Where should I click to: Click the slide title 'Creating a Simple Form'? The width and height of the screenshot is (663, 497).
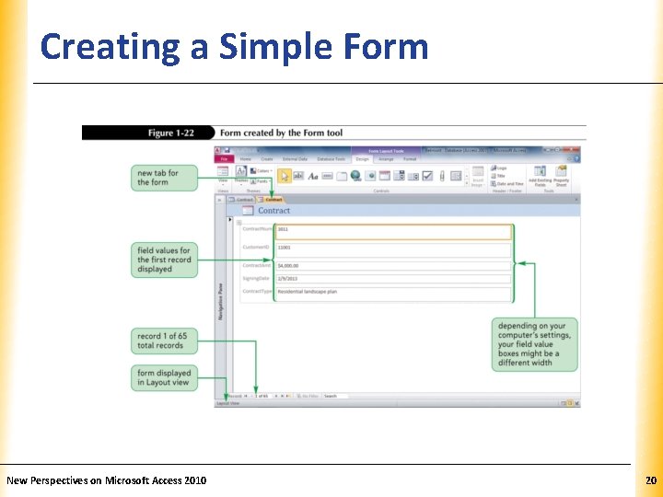point(234,46)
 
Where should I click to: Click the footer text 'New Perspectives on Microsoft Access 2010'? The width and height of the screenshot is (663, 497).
point(107,480)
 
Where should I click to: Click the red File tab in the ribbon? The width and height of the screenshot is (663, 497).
point(223,159)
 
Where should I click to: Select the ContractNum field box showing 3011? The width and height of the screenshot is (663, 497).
point(393,231)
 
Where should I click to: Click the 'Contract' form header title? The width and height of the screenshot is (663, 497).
point(273,211)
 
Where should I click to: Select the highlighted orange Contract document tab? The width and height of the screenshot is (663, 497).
point(273,199)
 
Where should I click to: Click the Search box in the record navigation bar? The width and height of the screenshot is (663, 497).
point(337,397)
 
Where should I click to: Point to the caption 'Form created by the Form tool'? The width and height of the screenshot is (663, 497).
point(281,133)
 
